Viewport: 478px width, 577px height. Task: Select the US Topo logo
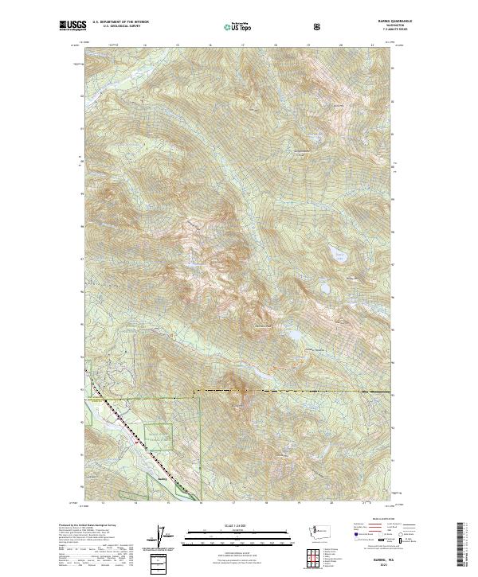pyautogui.click(x=239, y=26)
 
